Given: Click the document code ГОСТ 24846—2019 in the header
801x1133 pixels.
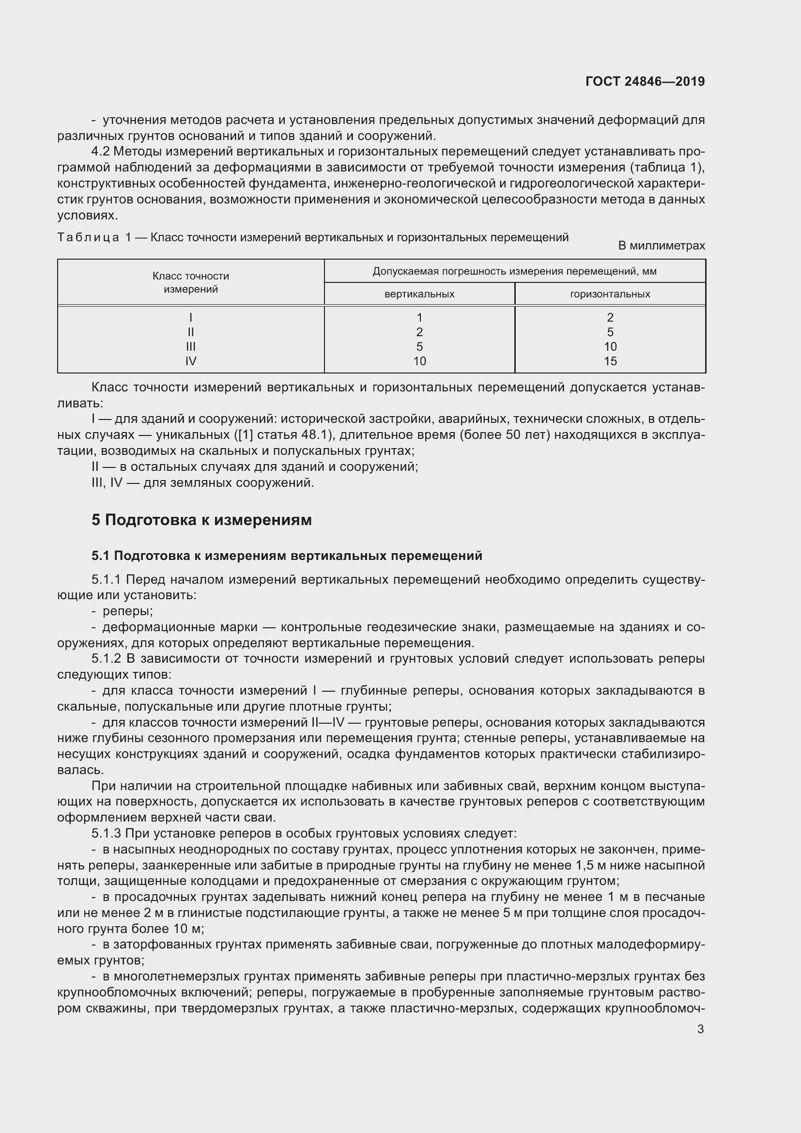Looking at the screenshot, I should [x=645, y=81].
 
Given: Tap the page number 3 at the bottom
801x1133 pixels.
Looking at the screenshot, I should [x=700, y=1029].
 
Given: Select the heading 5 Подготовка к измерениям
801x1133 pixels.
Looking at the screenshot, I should [x=201, y=520].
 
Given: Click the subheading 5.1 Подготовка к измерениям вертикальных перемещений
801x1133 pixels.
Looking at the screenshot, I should [x=287, y=556].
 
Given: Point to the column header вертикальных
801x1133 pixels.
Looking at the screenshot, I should [x=419, y=294].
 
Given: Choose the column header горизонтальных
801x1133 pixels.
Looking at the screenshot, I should [x=610, y=294].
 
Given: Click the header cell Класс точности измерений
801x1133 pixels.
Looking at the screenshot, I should [x=190, y=282].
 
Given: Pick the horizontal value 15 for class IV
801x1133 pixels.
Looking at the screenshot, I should [x=610, y=361].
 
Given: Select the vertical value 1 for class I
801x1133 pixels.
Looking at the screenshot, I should [x=419, y=317].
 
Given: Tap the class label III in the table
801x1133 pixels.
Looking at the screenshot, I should [x=190, y=346].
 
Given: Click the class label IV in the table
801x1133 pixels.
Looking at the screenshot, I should [x=190, y=361].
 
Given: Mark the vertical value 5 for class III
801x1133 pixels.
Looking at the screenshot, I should [x=419, y=346].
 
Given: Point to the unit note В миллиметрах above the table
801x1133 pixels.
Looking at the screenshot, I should [x=662, y=245].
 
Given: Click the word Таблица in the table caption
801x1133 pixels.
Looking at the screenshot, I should [x=88, y=237].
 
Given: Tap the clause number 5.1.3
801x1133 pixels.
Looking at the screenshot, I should [x=106, y=834].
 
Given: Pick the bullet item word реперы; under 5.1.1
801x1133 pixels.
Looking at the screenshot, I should [x=127, y=611].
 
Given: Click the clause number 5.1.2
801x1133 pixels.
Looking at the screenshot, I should [x=106, y=659].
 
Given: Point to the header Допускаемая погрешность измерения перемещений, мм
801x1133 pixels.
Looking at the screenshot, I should [x=514, y=271].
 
